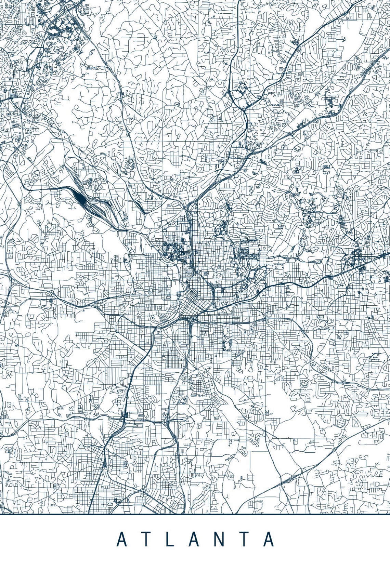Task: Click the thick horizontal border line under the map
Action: point(195,514)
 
